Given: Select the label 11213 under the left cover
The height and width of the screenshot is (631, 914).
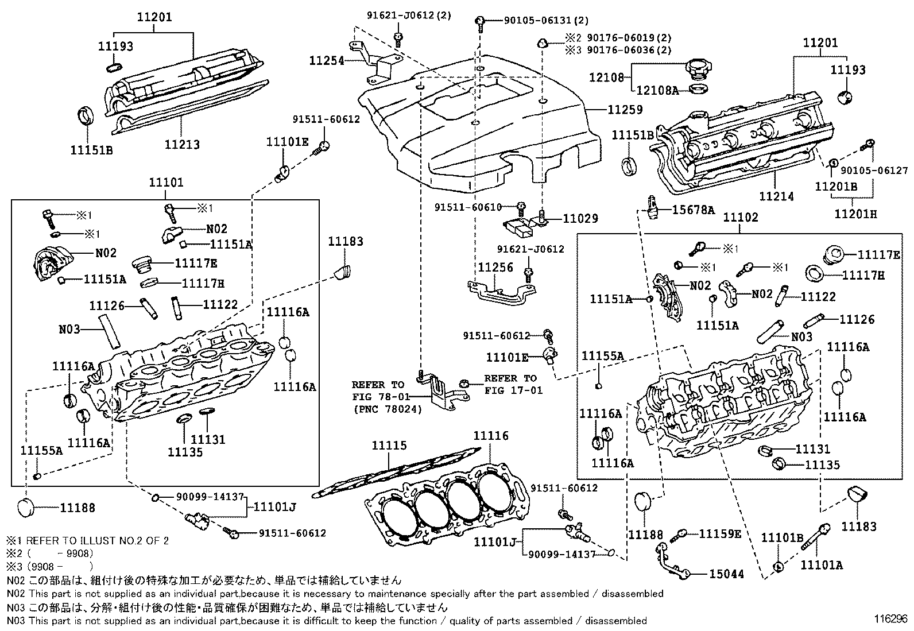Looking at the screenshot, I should click(182, 145).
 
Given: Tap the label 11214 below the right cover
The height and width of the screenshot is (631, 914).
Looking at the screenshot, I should click(776, 196).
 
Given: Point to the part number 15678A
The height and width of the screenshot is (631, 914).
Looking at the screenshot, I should click(693, 210).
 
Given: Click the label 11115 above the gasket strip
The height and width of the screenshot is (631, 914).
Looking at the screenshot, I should click(389, 446).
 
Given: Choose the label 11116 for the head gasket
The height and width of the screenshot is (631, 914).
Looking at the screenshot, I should click(491, 436).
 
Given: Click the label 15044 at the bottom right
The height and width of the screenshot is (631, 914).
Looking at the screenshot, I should click(726, 574).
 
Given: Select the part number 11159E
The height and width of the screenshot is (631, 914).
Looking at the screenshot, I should click(720, 534).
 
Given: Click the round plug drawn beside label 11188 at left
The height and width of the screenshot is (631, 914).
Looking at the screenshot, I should click(26, 508).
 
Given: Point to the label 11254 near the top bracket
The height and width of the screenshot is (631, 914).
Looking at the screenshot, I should click(327, 60).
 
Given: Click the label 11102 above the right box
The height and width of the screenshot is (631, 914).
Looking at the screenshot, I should click(740, 218).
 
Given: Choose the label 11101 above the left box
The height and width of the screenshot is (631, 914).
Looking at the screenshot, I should click(166, 183).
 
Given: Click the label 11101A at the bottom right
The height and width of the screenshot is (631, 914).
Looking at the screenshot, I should click(822, 565).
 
